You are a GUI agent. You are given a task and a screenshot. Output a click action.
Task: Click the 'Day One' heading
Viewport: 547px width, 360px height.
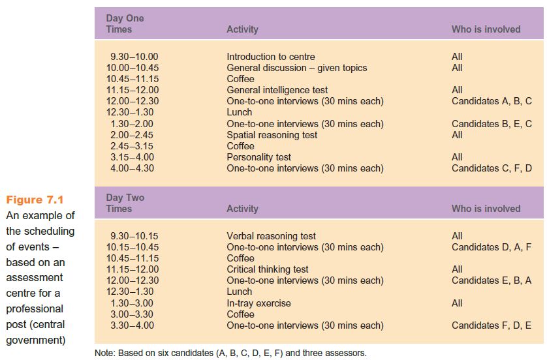(125, 18)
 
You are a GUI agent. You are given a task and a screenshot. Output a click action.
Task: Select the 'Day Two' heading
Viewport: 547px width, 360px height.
(125, 198)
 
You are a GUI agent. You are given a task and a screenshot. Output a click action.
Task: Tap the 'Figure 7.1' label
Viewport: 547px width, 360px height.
(35, 200)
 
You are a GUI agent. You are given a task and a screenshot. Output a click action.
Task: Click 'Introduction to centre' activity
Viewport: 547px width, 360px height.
(271, 57)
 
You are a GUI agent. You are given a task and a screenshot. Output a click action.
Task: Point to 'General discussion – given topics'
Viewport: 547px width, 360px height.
(297, 68)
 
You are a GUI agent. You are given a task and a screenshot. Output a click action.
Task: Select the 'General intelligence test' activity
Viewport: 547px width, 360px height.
(277, 90)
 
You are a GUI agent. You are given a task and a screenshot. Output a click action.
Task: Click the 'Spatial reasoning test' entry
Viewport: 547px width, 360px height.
(272, 135)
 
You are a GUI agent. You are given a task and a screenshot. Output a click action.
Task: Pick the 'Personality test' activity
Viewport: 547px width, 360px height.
(258, 157)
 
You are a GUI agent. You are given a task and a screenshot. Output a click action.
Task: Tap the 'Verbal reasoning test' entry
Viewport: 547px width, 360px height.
(271, 236)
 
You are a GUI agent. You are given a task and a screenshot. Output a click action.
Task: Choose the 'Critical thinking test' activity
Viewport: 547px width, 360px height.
(268, 269)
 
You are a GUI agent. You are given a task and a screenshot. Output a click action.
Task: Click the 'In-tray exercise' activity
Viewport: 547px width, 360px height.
(258, 303)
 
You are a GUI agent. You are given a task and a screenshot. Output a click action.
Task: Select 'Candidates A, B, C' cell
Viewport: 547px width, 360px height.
(492, 101)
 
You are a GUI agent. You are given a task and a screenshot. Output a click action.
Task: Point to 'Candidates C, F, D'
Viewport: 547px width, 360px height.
(492, 168)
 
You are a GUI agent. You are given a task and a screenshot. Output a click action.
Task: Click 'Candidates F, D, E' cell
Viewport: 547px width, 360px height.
(492, 325)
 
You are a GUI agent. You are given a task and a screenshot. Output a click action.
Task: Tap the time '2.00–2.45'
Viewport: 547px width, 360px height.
(132, 135)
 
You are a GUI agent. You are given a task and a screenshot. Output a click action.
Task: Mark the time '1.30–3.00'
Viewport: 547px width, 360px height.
(132, 303)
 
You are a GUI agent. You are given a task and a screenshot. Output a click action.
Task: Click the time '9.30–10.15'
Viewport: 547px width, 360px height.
(134, 236)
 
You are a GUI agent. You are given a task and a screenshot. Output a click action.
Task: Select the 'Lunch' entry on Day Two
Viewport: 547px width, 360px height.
(240, 292)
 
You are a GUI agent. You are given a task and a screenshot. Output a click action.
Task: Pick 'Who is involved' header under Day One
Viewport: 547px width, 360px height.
(486, 29)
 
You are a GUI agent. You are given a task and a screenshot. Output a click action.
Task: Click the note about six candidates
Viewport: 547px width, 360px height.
(230, 353)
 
